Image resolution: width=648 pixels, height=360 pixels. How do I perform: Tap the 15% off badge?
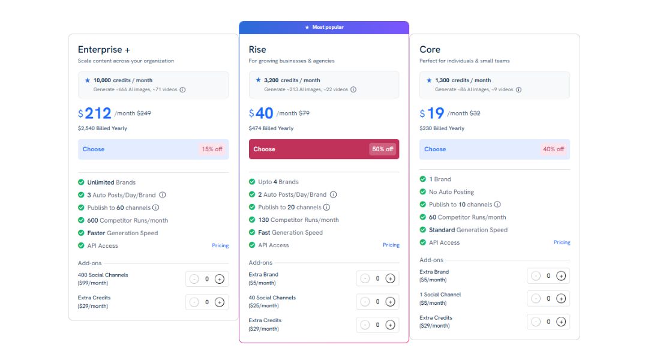click(212, 149)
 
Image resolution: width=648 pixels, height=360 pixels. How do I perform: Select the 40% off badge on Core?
click(553, 149)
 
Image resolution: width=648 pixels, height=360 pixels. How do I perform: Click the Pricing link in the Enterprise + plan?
click(220, 245)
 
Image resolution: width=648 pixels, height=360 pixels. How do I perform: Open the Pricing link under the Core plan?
click(562, 242)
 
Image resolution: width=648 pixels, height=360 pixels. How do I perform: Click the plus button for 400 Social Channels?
click(220, 279)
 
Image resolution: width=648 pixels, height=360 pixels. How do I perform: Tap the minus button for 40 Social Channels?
click(365, 302)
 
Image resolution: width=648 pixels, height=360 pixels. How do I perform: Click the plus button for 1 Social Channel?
click(561, 298)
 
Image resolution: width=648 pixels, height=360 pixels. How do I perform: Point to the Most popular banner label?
click(325, 27)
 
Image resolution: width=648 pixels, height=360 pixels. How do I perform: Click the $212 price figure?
click(95, 113)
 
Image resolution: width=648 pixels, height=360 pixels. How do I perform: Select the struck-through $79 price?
click(304, 113)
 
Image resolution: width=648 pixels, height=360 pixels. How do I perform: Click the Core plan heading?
click(430, 50)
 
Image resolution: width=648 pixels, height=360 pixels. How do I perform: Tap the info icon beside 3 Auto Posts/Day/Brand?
click(163, 195)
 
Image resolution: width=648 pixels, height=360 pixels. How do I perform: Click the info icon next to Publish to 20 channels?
click(326, 208)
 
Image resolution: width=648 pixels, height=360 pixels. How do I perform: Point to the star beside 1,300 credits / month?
click(429, 80)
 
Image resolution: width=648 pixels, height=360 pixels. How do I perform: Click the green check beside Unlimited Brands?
click(81, 182)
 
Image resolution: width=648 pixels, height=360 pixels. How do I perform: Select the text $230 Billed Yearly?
click(442, 128)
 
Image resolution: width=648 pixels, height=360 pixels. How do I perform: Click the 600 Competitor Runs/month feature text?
click(128, 220)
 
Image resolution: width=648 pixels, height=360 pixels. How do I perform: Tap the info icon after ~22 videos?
click(353, 89)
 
